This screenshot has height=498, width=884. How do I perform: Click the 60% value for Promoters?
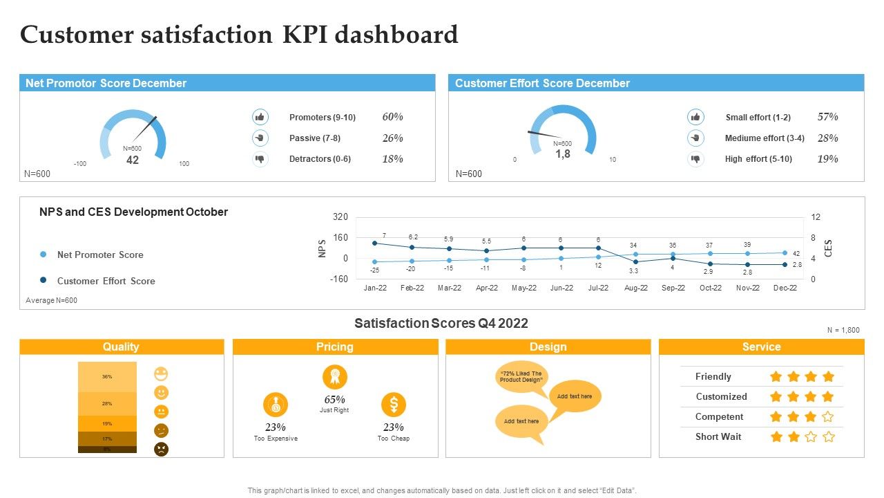(392, 117)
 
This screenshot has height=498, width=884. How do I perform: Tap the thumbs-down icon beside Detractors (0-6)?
(260, 159)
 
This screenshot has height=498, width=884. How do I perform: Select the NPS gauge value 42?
(133, 160)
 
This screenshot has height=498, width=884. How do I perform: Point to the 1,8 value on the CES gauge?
(563, 154)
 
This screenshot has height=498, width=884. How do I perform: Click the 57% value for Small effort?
(827, 117)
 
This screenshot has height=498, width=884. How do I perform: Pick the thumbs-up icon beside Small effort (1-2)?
(695, 117)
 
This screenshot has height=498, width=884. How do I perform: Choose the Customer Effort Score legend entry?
(106, 281)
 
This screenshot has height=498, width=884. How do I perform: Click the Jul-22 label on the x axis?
(598, 288)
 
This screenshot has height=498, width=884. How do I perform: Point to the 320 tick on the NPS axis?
(340, 217)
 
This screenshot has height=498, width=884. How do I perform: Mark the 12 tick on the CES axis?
(816, 217)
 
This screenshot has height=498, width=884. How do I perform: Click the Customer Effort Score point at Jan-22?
(375, 243)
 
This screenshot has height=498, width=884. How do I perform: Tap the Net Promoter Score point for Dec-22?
(785, 253)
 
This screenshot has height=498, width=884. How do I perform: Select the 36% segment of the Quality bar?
(107, 377)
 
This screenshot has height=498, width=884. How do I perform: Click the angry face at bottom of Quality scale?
(161, 449)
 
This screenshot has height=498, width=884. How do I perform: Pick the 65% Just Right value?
(334, 400)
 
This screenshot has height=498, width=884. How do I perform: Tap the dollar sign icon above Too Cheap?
(394, 405)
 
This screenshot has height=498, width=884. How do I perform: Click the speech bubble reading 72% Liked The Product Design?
(521, 377)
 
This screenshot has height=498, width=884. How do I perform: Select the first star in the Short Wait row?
(776, 437)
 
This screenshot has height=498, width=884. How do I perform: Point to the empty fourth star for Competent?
(828, 417)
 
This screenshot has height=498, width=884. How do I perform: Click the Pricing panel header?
(335, 347)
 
